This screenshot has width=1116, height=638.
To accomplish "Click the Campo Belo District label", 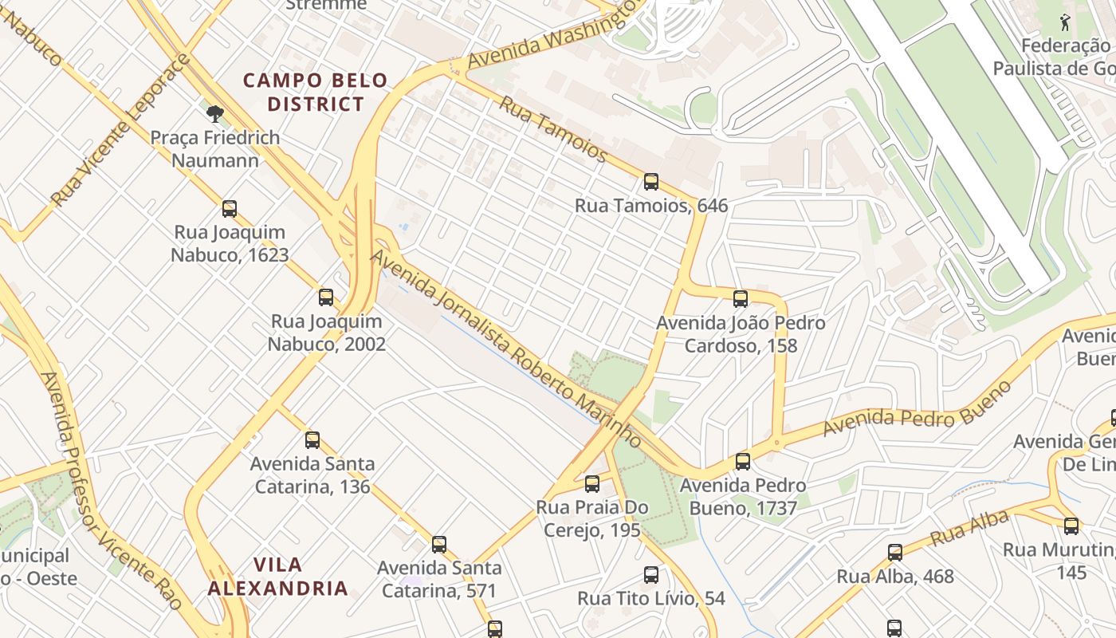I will pos(315,92).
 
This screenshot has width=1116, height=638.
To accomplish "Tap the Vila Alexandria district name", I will pos(277,577).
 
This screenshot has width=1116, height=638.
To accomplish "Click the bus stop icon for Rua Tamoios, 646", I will pos(651,182).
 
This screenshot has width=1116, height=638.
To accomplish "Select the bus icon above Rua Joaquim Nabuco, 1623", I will pos(230,209).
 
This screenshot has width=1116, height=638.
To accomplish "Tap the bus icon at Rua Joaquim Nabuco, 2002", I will pos(326,297).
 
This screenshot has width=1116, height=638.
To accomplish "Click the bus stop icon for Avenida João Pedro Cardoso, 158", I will pos(741,299).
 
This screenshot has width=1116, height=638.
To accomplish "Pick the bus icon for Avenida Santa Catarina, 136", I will pos(312,439).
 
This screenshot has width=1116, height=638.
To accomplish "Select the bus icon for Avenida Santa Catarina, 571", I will pos(439,545).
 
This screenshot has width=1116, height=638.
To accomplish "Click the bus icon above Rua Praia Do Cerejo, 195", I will pos(591,483).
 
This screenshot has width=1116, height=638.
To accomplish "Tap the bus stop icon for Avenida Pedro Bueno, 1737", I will pos(743,461).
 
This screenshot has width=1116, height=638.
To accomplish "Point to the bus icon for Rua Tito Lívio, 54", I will pos(651,574).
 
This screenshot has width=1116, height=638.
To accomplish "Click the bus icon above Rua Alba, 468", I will pos(895,552).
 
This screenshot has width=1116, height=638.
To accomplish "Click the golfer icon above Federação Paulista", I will pos(1065,22).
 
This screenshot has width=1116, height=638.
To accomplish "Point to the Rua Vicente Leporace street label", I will pos(120,130).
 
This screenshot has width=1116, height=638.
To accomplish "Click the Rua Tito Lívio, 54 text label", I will pos(651,598).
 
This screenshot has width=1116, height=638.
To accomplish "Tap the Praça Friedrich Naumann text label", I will pos(215,149).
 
